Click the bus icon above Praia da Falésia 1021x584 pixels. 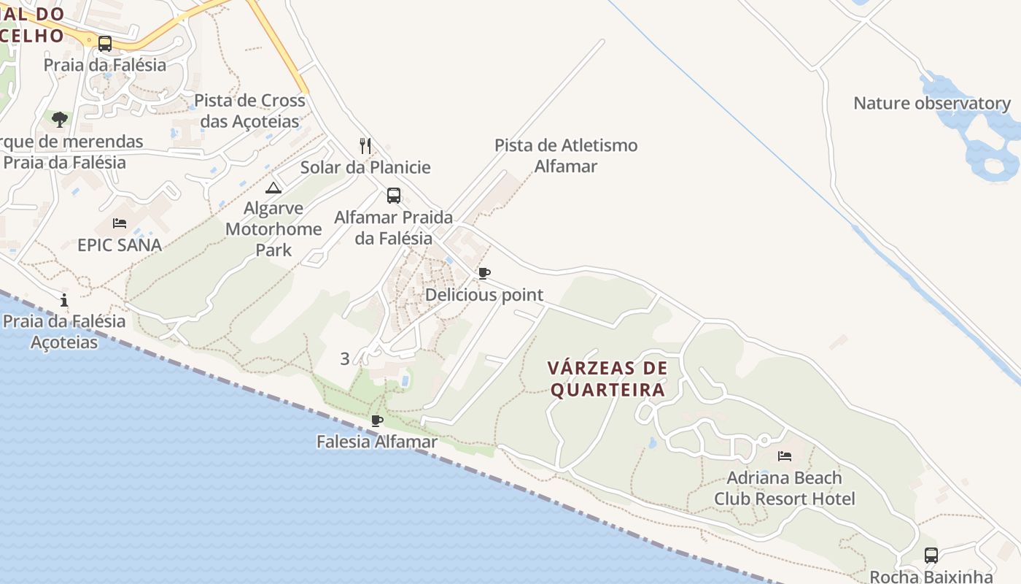click(x=105, y=43)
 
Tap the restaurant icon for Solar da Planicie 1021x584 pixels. click(x=365, y=146)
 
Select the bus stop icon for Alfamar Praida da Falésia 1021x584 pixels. click(x=394, y=196)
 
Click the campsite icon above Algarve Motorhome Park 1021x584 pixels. click(x=273, y=188)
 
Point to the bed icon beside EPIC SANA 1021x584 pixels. click(x=120, y=223)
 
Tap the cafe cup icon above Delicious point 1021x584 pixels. click(x=484, y=274)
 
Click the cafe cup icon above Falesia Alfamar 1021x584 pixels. click(x=377, y=420)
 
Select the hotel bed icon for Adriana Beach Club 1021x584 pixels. click(x=785, y=456)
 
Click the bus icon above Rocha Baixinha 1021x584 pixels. click(x=931, y=555)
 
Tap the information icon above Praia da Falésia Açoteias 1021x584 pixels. click(x=65, y=300)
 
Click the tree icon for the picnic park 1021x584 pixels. click(x=60, y=118)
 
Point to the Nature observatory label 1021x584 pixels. click(x=932, y=103)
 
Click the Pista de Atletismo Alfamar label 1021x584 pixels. click(x=566, y=155)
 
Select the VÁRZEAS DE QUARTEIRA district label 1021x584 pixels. click(x=607, y=379)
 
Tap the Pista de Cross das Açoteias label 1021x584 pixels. click(x=249, y=110)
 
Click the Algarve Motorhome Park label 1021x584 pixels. click(x=273, y=229)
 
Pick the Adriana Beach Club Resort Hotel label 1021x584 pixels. click(x=785, y=488)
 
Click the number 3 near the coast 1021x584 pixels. click(x=345, y=358)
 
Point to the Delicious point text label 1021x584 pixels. click(x=484, y=295)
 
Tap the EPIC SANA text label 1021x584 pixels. click(x=120, y=245)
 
